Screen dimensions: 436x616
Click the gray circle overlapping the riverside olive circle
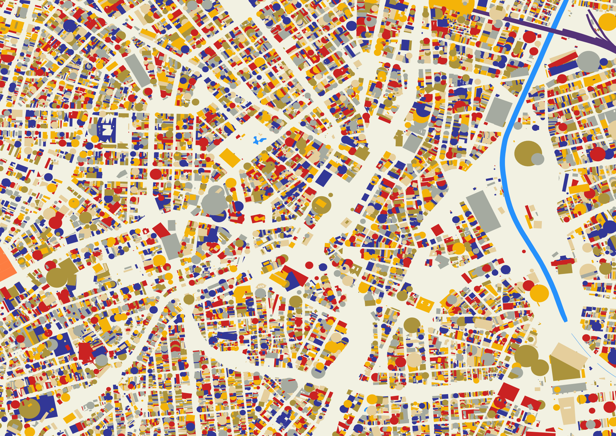(537, 159)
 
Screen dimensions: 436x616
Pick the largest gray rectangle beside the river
(483, 211)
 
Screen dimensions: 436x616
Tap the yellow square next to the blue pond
(229, 157)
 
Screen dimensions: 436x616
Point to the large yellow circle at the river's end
(539, 293)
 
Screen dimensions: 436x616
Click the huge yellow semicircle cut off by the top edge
(452, 5)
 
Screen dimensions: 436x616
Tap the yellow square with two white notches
(425, 304)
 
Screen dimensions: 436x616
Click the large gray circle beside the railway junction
(588, 62)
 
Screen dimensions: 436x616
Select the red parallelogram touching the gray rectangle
(161, 230)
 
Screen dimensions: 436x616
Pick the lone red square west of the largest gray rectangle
(437, 230)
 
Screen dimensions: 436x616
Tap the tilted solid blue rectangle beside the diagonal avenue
(324, 178)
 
